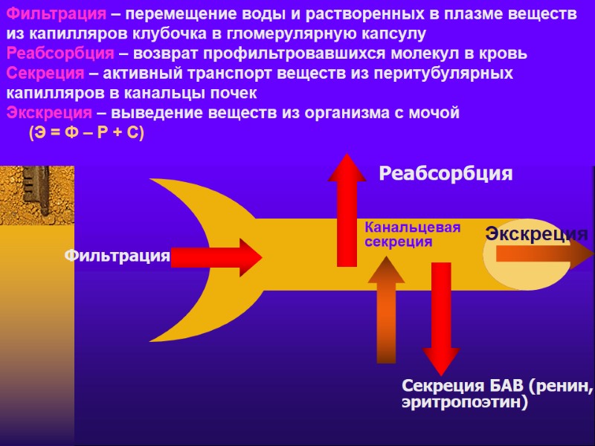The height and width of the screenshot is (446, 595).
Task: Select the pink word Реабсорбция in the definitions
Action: point(60,54)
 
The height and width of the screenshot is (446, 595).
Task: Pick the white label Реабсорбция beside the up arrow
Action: point(446,174)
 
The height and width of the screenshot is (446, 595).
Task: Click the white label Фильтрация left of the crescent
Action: point(117,256)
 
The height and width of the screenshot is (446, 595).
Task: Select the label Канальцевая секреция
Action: point(413,235)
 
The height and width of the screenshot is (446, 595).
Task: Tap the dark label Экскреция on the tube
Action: point(535,234)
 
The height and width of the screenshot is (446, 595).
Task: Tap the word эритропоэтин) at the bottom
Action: point(464,404)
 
